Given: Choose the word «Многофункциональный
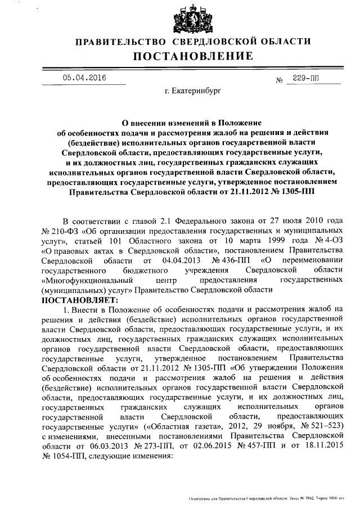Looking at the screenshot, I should pyautogui.click(x=86, y=280).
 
